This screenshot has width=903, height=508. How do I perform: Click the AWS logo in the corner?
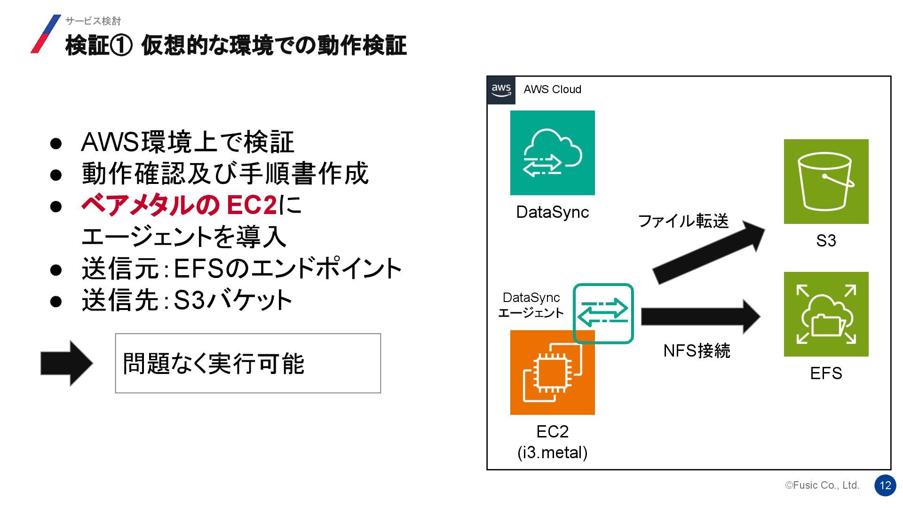point(501,90)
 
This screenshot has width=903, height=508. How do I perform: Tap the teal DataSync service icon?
point(552,153)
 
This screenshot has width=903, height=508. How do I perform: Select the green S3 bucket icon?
point(826,182)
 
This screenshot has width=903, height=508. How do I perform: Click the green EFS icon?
point(826,314)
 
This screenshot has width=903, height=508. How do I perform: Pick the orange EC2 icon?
point(552,373)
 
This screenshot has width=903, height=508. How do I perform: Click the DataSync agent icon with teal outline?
point(603,313)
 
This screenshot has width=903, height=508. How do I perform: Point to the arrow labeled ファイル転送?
point(708,253)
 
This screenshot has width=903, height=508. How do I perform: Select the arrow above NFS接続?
point(700,317)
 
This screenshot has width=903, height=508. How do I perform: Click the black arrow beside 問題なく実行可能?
point(67,363)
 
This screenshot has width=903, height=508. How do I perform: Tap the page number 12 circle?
point(885,485)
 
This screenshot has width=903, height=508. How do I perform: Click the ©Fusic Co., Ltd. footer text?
point(822,485)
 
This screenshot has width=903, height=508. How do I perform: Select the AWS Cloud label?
point(552,89)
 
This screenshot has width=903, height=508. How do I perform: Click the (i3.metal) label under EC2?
point(552,452)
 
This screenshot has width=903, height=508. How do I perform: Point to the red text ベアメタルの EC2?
point(179,205)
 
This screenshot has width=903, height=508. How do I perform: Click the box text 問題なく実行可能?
point(214,364)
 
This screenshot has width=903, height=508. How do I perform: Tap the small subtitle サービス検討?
point(93,21)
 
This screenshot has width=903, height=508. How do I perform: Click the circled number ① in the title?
point(121,46)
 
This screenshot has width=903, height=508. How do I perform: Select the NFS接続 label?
point(697,351)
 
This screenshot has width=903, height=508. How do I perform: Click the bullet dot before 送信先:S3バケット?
point(56,301)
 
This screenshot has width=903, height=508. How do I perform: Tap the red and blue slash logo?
point(46,34)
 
